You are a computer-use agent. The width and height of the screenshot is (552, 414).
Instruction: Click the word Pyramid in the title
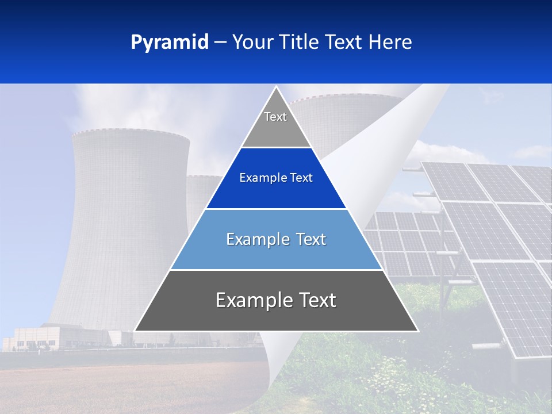coord(170,43)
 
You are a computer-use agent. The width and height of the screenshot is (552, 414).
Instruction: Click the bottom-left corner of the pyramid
coord(136,330)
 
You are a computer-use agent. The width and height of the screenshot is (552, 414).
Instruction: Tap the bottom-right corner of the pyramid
coord(417,330)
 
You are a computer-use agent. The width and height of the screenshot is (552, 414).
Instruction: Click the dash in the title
coord(220,43)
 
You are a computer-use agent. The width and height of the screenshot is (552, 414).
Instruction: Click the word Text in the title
coord(344,42)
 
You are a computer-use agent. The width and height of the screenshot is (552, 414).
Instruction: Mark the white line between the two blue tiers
coord(276,209)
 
